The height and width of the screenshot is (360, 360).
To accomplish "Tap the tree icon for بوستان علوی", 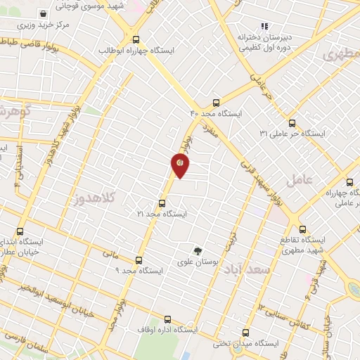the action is pos(198,250).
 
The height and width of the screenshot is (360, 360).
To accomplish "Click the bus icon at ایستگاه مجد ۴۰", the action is pos(216,102).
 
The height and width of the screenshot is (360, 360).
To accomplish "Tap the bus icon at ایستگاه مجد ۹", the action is pos(139,259).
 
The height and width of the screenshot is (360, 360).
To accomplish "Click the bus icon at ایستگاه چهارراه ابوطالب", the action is pos(136,39).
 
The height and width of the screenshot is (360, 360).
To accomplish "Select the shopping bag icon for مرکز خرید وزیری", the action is pos(44,13).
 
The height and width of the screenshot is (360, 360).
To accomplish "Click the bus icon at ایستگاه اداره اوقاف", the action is pos(167,319).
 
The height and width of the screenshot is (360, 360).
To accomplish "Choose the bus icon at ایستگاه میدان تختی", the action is pos(245,333).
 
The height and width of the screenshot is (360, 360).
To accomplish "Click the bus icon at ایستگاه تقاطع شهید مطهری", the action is pos(303,229).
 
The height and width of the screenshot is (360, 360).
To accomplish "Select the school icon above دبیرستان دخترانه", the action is pos(264,26).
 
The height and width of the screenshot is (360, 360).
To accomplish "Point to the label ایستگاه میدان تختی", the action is pos(257,344).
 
